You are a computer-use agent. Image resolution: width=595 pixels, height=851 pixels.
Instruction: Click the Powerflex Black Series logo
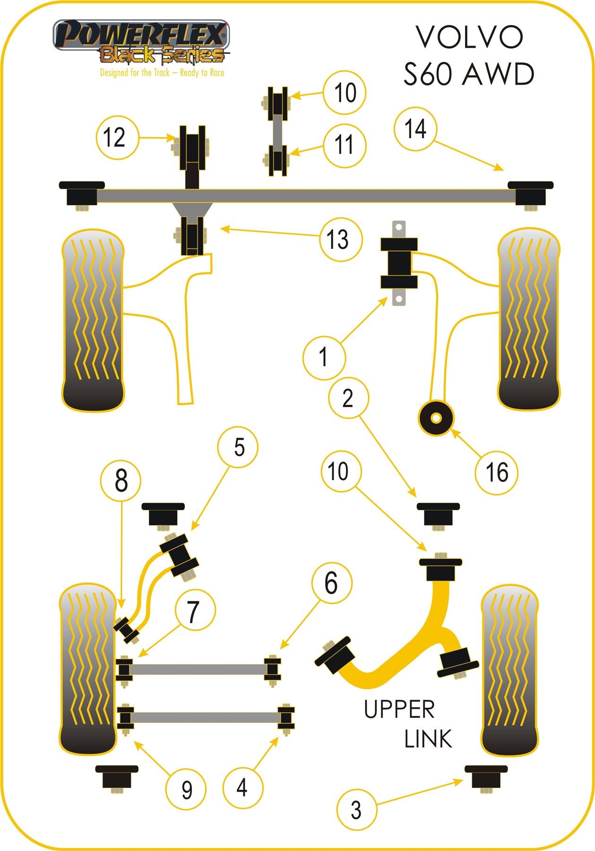point(140,43)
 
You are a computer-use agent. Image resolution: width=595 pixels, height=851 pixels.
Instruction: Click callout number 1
point(324,357)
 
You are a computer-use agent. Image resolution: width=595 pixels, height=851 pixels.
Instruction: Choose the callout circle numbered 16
point(497,472)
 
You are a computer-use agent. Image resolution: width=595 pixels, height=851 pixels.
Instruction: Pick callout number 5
point(238,447)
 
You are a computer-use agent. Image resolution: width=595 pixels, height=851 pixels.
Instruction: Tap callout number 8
point(121,481)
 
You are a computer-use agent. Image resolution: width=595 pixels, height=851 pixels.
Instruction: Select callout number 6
point(331,583)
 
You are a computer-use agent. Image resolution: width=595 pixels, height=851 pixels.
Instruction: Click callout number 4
point(242,787)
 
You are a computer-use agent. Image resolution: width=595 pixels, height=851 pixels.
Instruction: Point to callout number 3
point(356,810)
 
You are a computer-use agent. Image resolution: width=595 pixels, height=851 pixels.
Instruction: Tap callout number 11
point(345,145)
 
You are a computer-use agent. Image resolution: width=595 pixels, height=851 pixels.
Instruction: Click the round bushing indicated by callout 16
point(436,418)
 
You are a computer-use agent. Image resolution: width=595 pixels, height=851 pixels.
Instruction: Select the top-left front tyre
point(93,320)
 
